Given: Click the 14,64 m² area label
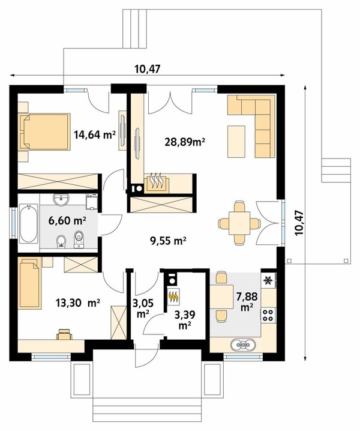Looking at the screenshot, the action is coord(94,135).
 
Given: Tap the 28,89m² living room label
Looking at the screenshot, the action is coord(185,142).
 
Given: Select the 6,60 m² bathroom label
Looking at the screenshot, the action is coord(67,220).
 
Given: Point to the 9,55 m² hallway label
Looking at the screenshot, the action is coord(168,241).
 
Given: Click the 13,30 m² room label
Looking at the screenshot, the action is coord(77,303).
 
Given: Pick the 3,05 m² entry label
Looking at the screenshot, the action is coord(143,309).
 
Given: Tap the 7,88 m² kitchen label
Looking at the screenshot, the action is coord(247,301).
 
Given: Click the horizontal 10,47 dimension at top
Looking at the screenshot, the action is coord(147,69).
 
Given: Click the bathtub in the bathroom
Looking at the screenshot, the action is coord(29,223).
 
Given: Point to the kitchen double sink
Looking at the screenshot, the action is coord(244,345).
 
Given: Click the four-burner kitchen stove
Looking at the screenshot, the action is coord(268,315).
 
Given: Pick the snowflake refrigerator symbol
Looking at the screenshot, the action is coord(268,280).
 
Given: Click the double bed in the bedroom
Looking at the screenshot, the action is coord(44,132).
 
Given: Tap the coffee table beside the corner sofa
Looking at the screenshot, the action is coord(236,142).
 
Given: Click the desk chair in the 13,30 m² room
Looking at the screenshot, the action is coord(64,334).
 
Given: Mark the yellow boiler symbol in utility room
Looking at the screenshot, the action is coord(173,297).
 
